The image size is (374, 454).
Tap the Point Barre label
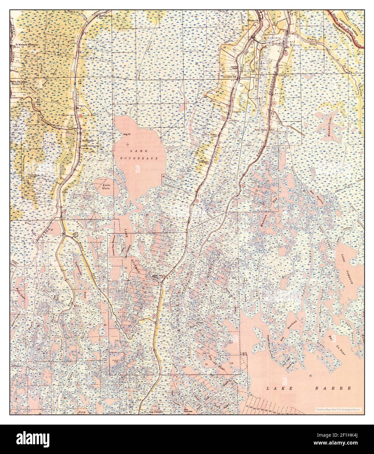click(x=261, y=130)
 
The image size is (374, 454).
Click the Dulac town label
click(x=64, y=192)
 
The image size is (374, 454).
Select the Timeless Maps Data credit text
click(x=339, y=409)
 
